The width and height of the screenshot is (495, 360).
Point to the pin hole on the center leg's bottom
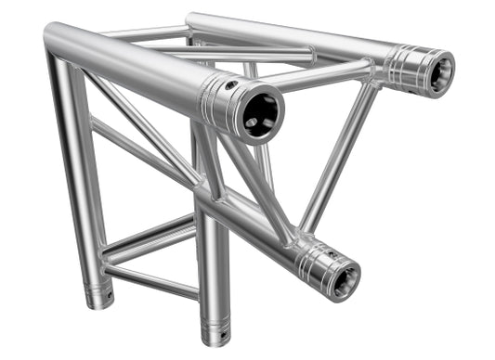[x=224, y=328]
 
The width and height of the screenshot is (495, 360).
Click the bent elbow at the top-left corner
[x=56, y=42]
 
